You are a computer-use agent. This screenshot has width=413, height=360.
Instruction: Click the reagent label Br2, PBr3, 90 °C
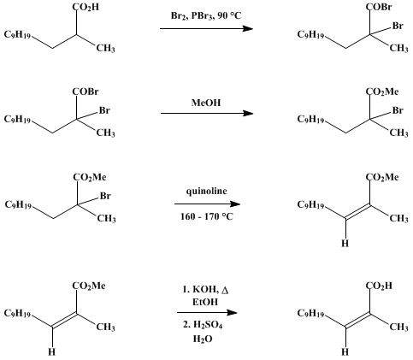206,16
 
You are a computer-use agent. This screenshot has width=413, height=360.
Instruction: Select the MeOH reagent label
206,103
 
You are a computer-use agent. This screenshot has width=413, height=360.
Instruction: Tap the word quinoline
207,191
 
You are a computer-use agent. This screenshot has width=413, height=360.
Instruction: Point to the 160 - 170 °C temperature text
207,216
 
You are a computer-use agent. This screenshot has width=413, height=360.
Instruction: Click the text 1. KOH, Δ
205,290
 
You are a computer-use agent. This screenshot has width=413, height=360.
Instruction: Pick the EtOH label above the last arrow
205,302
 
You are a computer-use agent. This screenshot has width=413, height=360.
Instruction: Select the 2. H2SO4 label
203,325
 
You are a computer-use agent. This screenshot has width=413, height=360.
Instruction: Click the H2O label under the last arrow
203,339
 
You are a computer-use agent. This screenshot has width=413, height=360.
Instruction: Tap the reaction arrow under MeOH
207,114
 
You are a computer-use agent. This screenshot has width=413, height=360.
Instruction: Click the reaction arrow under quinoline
207,204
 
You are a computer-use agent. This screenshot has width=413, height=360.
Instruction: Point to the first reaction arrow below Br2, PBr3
206,28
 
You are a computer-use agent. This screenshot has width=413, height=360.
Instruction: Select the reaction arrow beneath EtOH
207,313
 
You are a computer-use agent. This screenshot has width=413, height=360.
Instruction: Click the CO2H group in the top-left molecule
86,7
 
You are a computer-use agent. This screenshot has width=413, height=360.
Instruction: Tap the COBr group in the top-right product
379,7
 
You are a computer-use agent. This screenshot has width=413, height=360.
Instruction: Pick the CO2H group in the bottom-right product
379,286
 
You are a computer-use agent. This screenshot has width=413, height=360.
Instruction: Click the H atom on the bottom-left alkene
52,351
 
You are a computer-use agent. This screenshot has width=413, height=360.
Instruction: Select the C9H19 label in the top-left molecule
17,35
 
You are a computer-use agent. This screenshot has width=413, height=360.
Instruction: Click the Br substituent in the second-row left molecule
104,110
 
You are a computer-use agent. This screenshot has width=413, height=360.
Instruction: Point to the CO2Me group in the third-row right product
382,178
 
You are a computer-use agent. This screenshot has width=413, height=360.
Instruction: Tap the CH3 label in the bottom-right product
399,327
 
